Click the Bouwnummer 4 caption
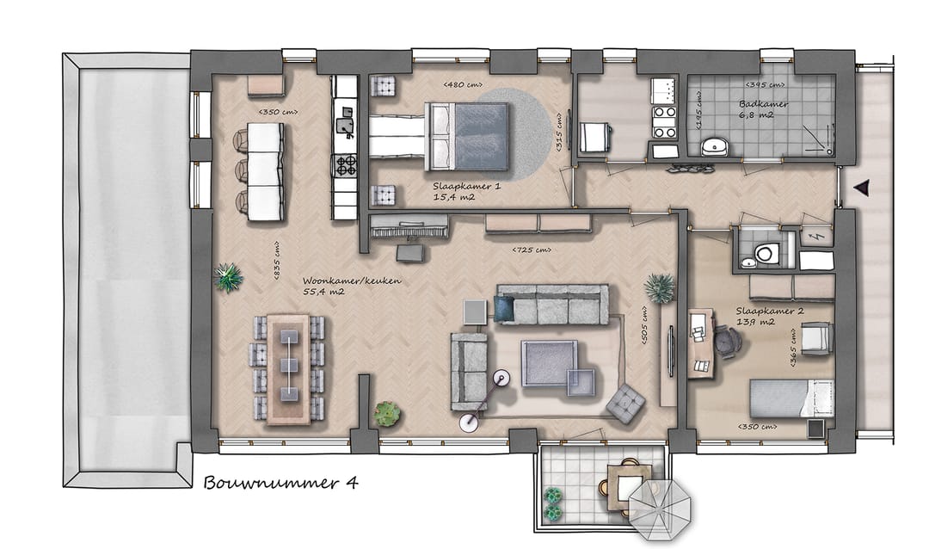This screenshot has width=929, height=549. [280, 482]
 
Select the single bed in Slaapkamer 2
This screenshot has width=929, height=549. [790, 399]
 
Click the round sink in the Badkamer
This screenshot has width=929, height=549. [716, 147]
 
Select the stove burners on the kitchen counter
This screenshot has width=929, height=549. [346, 164]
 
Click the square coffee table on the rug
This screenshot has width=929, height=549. [549, 361]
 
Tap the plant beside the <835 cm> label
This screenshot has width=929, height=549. [228, 277]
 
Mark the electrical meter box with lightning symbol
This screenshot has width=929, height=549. [815, 236]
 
